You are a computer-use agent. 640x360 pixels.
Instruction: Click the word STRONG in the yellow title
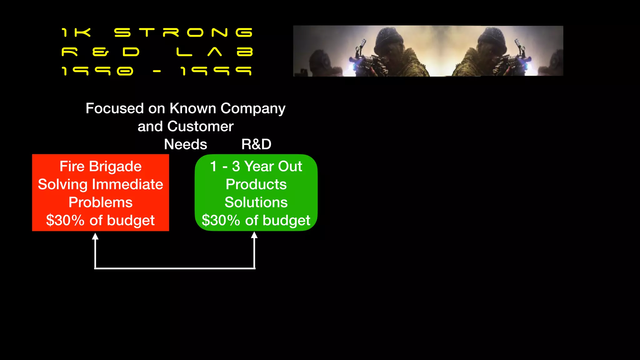pos(183,32)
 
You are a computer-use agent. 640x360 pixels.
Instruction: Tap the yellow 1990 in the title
pos(97,71)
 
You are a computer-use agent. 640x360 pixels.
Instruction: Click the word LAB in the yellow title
pos(214,52)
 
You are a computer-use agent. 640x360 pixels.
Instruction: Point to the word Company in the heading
pos(253,108)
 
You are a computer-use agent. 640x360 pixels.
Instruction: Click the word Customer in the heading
pos(200,127)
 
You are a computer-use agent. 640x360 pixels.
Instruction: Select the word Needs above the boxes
pos(186,144)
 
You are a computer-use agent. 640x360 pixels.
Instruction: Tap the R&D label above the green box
pos(256,144)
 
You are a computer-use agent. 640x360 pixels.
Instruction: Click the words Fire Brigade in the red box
pos(101,166)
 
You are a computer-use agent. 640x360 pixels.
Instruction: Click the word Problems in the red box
pos(101,202)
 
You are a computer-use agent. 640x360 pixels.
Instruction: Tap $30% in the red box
pos(65,220)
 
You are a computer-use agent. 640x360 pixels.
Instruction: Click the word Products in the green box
pos(256,184)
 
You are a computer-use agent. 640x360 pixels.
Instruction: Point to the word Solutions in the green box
pos(256,202)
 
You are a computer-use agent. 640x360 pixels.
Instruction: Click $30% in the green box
pos(221,220)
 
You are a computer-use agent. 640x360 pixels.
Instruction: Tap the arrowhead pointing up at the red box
pos(95,237)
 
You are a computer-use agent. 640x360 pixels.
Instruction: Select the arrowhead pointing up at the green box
pos(254,235)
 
